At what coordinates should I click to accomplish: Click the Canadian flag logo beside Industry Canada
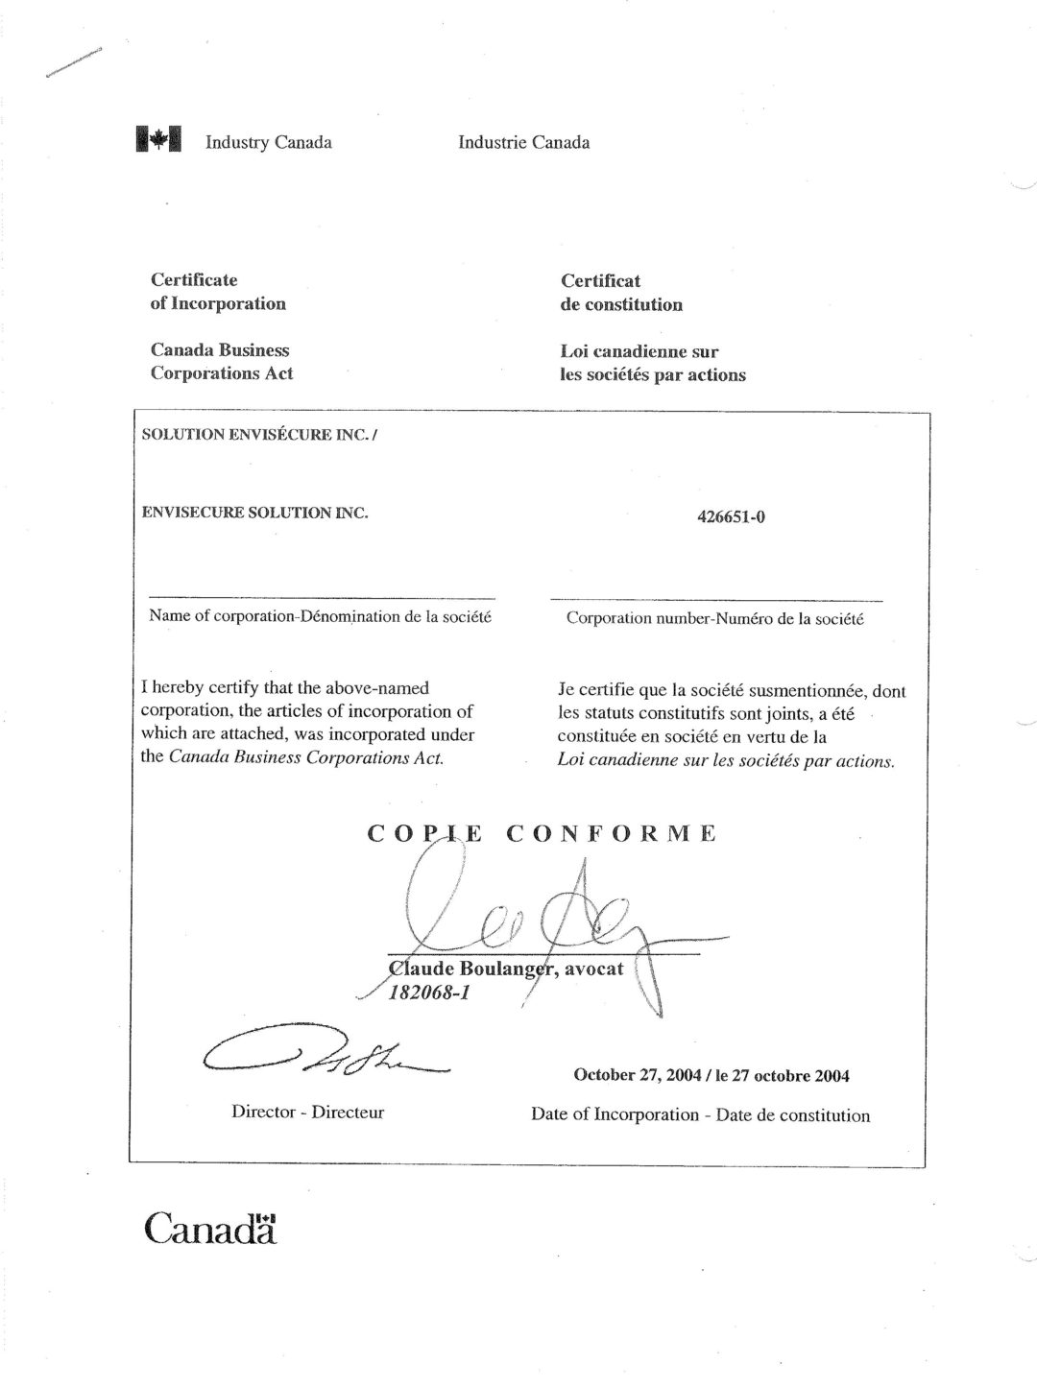tap(158, 140)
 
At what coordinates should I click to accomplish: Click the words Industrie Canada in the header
tap(523, 142)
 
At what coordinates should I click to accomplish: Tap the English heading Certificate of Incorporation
tap(218, 292)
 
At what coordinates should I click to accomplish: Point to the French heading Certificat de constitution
tap(621, 293)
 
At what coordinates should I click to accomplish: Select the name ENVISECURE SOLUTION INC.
tap(254, 513)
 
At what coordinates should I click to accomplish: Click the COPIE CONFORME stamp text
tap(542, 833)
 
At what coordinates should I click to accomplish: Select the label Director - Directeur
tap(307, 1113)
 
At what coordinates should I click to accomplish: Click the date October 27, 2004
tap(637, 1075)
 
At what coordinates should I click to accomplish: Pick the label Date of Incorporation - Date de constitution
tap(700, 1115)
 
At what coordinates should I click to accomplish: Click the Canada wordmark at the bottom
tap(210, 1228)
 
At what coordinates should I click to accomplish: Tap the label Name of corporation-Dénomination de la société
tap(320, 616)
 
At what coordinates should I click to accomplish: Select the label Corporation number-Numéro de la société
tap(714, 619)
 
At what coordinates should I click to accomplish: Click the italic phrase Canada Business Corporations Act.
tap(304, 757)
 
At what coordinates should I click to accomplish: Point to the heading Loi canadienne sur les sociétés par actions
tap(652, 363)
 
